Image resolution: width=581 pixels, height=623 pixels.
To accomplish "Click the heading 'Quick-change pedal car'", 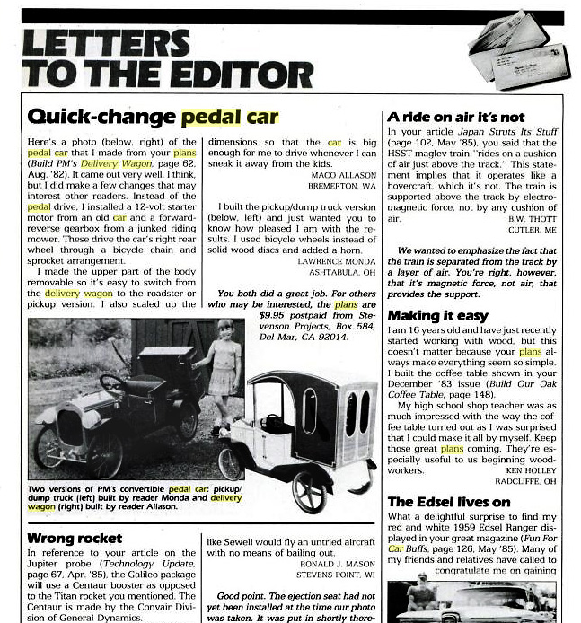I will (x=153, y=118).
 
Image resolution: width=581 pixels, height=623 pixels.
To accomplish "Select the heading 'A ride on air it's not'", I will (x=455, y=117).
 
